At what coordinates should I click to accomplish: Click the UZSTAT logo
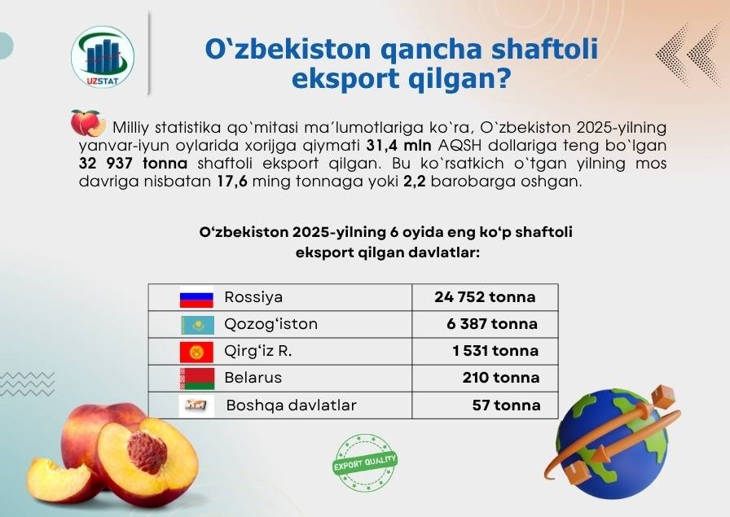(103, 56)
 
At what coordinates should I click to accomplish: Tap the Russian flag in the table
(196, 297)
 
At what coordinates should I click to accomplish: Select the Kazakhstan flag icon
(197, 325)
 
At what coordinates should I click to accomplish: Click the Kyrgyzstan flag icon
(196, 352)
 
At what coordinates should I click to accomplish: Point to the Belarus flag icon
(197, 379)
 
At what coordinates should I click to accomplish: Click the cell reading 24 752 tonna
(485, 297)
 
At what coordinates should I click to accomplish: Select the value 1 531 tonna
(495, 351)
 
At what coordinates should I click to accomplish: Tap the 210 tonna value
(501, 378)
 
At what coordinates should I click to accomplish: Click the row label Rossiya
(253, 297)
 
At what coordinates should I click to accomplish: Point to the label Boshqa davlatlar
(292, 405)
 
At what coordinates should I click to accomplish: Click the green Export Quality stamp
(366, 462)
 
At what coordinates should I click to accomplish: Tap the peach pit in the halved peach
(147, 452)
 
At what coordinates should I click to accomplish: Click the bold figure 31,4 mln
(399, 146)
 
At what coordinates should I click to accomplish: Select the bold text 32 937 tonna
(133, 164)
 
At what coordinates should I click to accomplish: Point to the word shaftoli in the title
(544, 50)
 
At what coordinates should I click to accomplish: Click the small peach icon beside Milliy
(88, 123)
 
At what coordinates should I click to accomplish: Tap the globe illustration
(612, 444)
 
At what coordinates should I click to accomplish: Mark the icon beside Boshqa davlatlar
(196, 405)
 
